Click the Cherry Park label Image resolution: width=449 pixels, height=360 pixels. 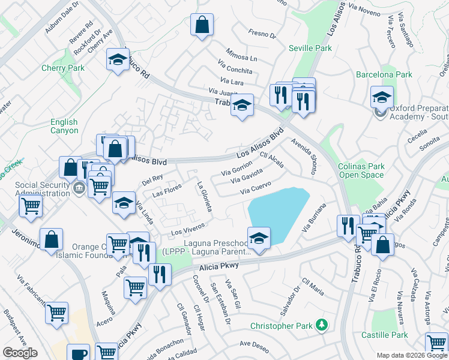point(63,68)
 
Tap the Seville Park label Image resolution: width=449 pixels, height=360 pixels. point(310,48)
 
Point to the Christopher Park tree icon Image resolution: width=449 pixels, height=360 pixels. point(323,325)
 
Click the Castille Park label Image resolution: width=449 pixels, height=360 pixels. point(384,335)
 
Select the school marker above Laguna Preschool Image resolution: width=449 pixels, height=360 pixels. point(259,238)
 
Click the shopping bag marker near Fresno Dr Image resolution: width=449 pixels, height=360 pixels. point(202,25)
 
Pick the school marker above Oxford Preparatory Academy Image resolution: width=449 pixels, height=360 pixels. point(382,97)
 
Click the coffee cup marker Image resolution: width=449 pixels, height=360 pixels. point(77,354)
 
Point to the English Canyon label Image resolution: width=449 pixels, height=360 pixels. point(64,126)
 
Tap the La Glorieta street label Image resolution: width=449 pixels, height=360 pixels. point(205,197)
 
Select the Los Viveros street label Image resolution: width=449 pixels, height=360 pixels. point(188,229)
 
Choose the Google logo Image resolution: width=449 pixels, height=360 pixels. point(20,353)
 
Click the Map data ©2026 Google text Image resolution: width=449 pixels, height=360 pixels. point(411,355)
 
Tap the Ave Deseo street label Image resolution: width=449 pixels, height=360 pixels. point(254,344)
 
